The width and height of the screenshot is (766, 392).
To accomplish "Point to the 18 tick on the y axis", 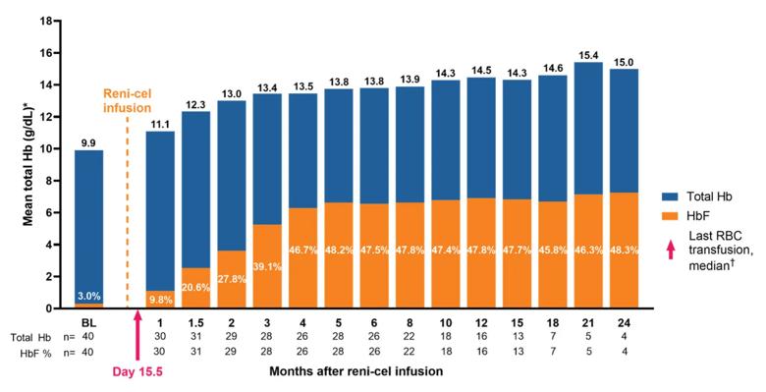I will [x=48, y=19].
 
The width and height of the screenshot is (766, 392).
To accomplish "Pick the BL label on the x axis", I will [x=88, y=321].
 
